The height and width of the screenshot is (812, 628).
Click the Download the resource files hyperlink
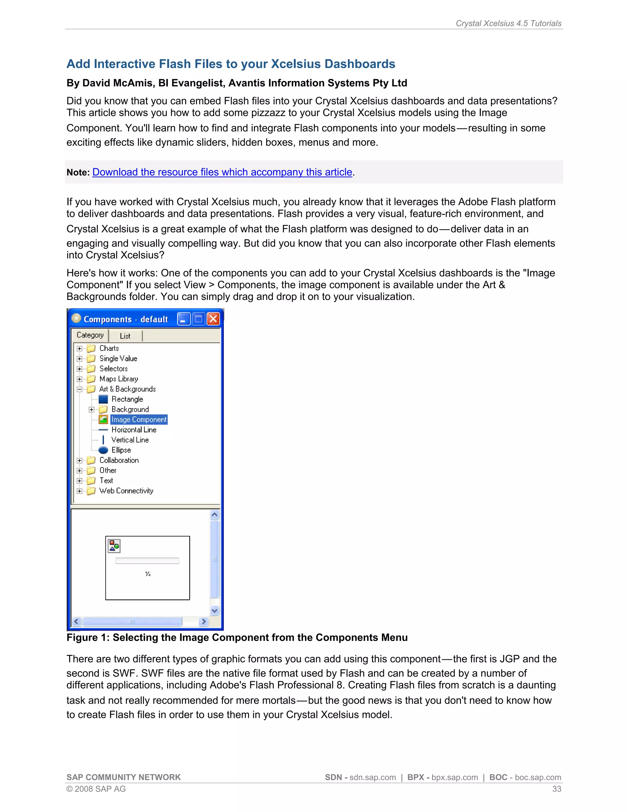(x=222, y=172)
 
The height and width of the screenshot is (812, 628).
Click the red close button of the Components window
(x=213, y=319)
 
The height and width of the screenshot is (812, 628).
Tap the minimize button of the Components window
(x=183, y=319)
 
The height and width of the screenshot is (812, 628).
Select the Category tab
(x=90, y=335)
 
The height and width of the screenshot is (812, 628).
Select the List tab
(x=125, y=336)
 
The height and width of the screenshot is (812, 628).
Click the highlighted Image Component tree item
(x=139, y=419)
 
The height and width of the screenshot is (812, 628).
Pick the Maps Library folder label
(x=119, y=379)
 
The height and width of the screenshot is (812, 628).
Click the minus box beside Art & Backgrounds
(x=79, y=389)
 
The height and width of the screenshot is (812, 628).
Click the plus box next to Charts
(x=79, y=348)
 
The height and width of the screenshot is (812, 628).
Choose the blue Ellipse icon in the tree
(x=103, y=450)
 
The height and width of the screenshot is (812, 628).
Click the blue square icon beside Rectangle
(x=103, y=399)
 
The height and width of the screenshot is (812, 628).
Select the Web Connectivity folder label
(x=126, y=491)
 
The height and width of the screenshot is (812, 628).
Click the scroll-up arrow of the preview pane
(x=214, y=514)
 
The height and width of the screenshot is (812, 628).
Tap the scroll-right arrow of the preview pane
(x=204, y=621)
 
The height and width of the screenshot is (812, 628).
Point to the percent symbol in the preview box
(x=148, y=574)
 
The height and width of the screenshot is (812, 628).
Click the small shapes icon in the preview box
(x=114, y=546)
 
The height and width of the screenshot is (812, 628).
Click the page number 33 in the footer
(x=557, y=789)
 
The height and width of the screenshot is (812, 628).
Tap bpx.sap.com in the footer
(x=455, y=777)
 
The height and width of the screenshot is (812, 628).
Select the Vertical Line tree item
(x=130, y=440)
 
